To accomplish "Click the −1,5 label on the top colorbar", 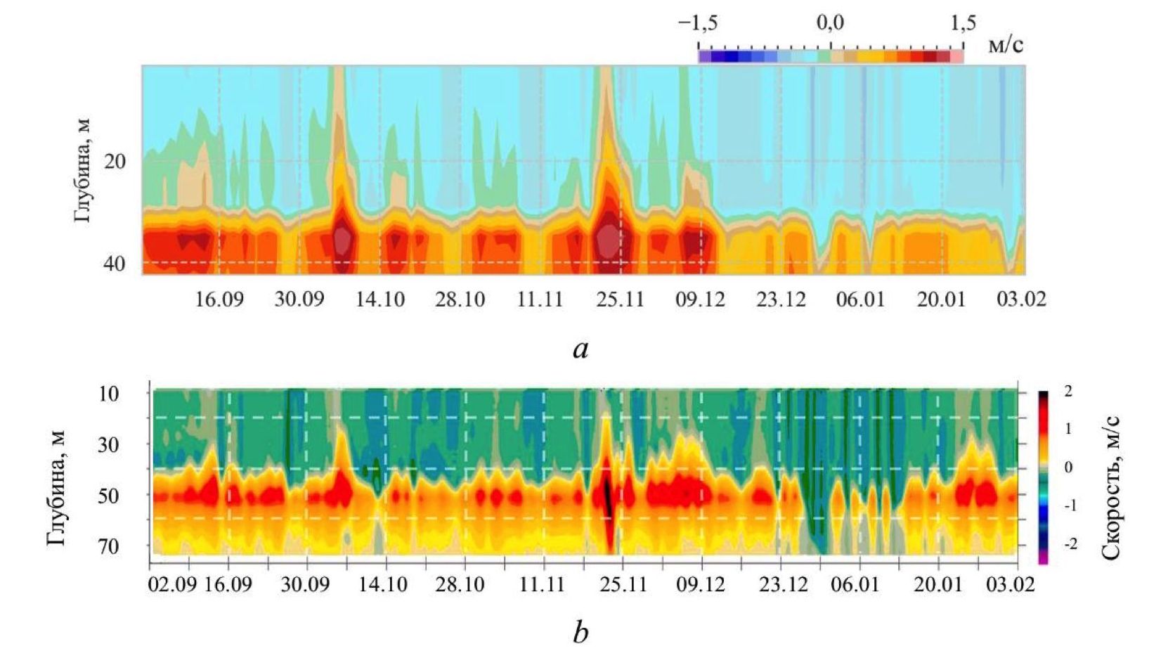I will tap(698, 23).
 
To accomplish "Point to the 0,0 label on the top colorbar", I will tap(830, 23).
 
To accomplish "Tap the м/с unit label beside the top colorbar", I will tap(1006, 45).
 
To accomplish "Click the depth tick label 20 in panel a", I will tap(115, 162).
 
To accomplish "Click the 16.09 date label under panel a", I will tap(219, 299).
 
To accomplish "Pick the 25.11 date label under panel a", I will tap(620, 299).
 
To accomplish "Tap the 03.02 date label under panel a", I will tap(1021, 299).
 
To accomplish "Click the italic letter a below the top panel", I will tap(580, 348).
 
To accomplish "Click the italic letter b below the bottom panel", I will tap(580, 633).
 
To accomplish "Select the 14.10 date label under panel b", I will tap(382, 585).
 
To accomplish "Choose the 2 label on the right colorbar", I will tap(1068, 391).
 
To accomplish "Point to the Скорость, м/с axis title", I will tap(1110, 488).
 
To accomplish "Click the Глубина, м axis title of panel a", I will tap(82, 171).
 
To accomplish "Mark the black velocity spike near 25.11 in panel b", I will tap(609, 506).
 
